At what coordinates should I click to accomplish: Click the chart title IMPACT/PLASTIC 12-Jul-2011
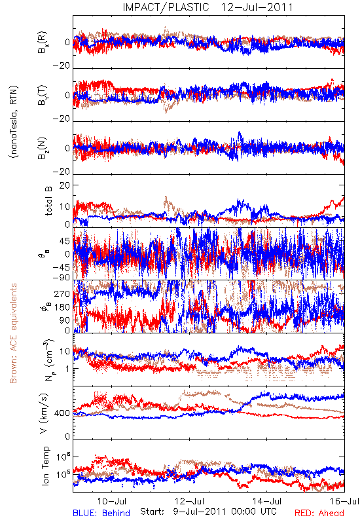(x=207, y=7)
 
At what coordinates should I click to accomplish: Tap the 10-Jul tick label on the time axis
(x=112, y=501)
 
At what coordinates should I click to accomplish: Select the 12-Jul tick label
(x=190, y=501)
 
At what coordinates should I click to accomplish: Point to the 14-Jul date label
(x=267, y=501)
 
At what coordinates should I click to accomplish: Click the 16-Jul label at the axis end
(x=345, y=501)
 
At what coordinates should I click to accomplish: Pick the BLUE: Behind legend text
(x=101, y=513)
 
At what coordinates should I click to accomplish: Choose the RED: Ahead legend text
(x=319, y=513)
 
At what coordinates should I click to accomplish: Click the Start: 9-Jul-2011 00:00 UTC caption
(x=208, y=512)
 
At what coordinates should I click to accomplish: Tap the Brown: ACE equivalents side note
(x=13, y=333)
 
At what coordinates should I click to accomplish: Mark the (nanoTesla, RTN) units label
(x=14, y=121)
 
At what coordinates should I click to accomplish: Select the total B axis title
(x=48, y=201)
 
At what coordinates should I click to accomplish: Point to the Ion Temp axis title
(x=45, y=466)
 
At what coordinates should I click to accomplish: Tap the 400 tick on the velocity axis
(x=62, y=413)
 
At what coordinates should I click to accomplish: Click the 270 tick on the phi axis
(x=62, y=293)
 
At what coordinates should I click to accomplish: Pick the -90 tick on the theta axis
(x=62, y=278)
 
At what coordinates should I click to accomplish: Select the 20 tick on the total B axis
(x=65, y=186)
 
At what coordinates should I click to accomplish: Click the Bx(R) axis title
(x=43, y=43)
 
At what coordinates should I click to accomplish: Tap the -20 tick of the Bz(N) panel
(x=62, y=172)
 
